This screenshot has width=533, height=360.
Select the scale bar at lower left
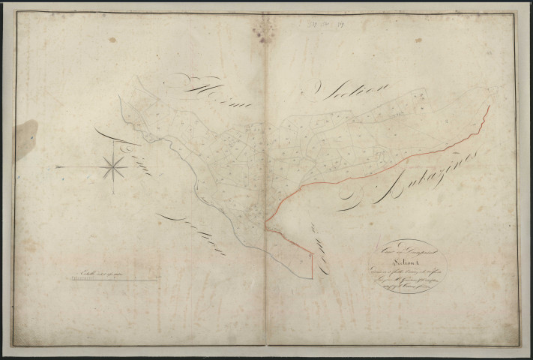(113, 279)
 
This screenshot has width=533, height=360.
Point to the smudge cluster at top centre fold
(264, 28)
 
